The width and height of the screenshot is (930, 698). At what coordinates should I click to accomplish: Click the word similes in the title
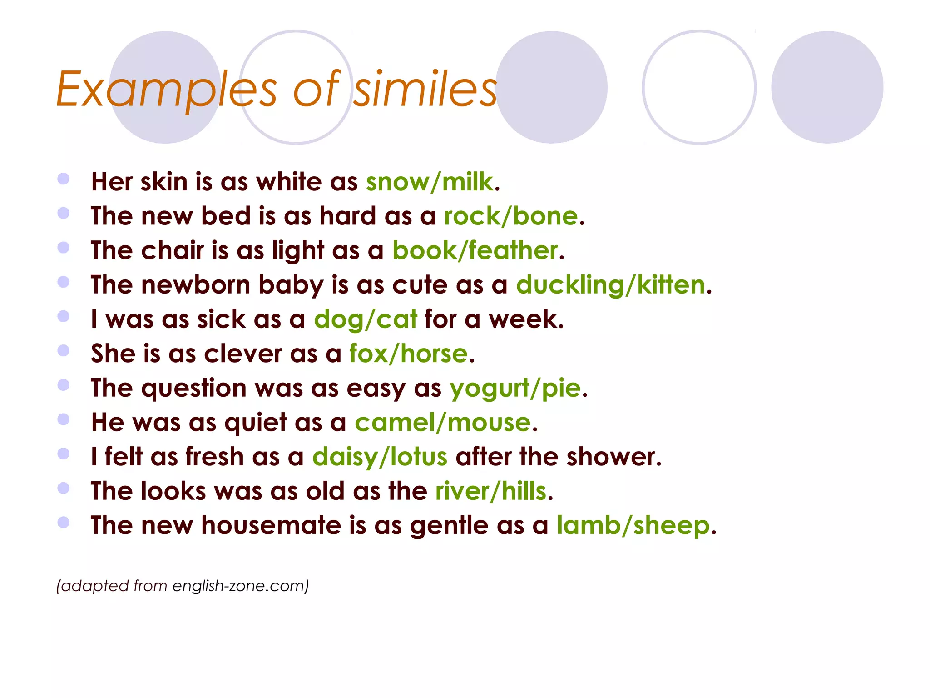click(x=425, y=89)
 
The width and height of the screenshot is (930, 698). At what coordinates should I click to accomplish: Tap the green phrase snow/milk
click(x=429, y=182)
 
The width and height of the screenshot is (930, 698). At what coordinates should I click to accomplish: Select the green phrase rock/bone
click(x=511, y=216)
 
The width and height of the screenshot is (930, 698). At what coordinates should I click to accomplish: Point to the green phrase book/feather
click(x=475, y=251)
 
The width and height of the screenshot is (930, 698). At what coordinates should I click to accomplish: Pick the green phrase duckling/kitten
click(x=610, y=285)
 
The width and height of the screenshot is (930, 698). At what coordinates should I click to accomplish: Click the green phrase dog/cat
click(x=365, y=319)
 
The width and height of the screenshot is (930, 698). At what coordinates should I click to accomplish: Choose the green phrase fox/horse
click(x=408, y=354)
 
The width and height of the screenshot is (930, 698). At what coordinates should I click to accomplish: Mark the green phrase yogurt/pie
click(x=515, y=389)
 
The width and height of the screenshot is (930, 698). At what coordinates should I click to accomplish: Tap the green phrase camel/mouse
click(x=442, y=423)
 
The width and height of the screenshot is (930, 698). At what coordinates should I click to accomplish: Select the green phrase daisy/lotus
click(x=380, y=457)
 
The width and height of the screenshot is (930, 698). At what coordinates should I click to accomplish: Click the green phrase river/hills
click(x=490, y=492)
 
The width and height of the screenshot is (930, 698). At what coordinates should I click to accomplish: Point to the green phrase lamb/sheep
click(x=633, y=526)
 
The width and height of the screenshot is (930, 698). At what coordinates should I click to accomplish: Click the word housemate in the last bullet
click(x=271, y=526)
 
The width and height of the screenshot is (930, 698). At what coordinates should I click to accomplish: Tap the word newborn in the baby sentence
click(x=196, y=285)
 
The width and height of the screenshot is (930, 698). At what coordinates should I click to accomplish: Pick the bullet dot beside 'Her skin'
click(x=64, y=179)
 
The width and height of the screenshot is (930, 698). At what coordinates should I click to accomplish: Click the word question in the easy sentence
click(x=194, y=389)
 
